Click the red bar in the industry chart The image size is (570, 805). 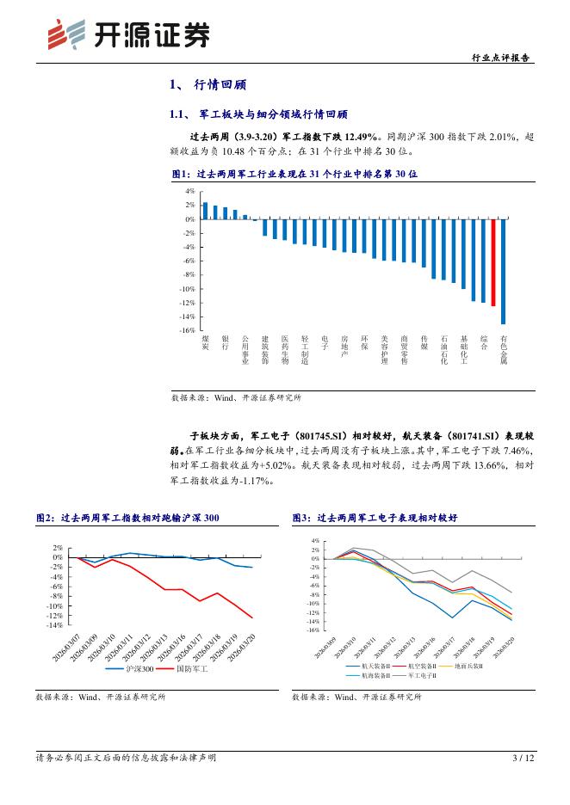click(x=493, y=262)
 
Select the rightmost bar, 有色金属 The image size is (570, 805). click(x=504, y=271)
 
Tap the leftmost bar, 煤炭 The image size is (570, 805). click(x=205, y=211)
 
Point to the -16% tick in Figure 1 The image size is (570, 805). click(x=188, y=330)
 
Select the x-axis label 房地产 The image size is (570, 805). click(x=344, y=346)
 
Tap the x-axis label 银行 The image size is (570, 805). click(x=225, y=342)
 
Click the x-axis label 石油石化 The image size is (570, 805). click(x=443, y=349)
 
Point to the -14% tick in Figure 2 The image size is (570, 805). click(x=56, y=626)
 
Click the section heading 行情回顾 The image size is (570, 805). click(x=214, y=86)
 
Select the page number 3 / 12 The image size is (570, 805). click(x=524, y=758)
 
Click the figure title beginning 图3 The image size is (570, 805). click(x=375, y=519)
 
